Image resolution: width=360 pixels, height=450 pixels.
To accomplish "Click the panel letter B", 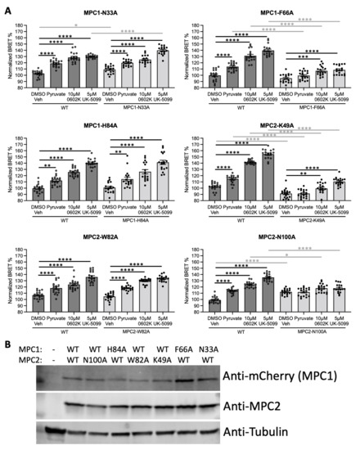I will click(x=7, y=335).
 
